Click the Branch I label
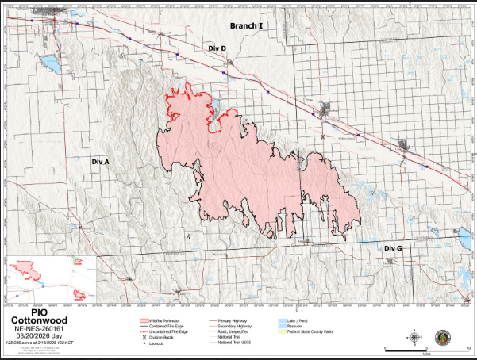pyautogui.click(x=246, y=26)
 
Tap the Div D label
pyautogui.click(x=217, y=48)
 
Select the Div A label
pyautogui.click(x=101, y=161)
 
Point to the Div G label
pyautogui.click(x=394, y=249)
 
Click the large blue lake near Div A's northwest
pyautogui.click(x=48, y=61)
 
